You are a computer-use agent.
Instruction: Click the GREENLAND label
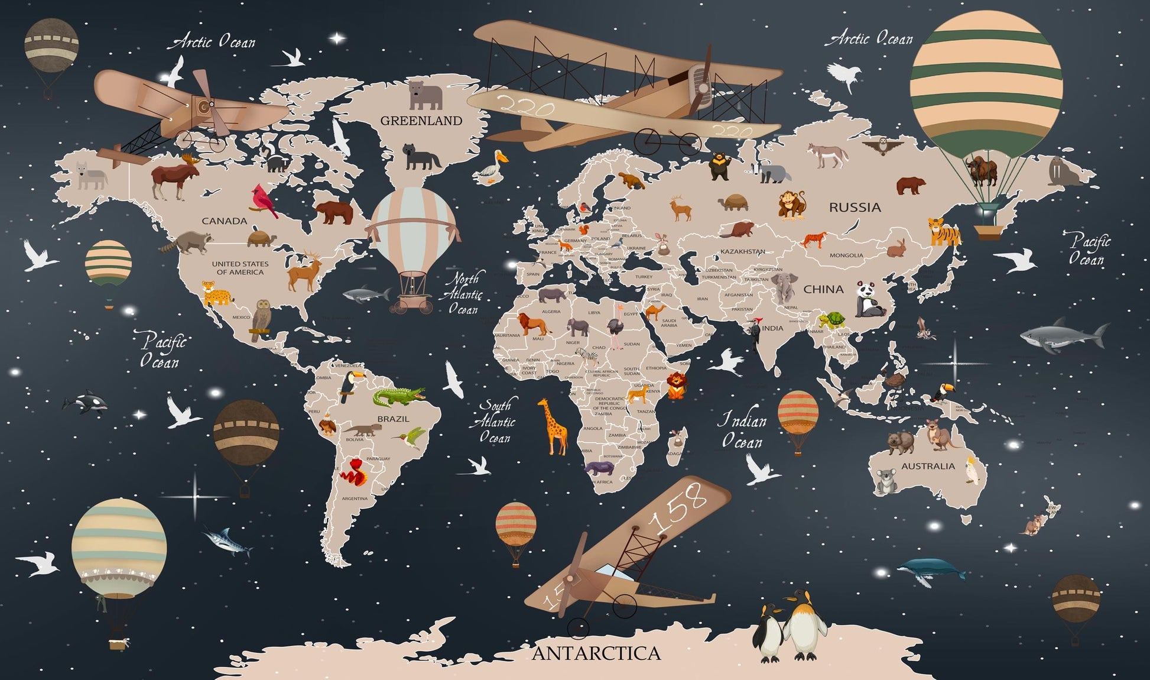pos(421,121)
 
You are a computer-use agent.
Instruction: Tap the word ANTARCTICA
pos(596,653)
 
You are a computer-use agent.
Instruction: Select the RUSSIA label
pos(855,208)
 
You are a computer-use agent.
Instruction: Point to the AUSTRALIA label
pos(928,466)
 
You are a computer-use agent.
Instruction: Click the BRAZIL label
pos(393,419)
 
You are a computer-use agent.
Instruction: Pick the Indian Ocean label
pos(742,431)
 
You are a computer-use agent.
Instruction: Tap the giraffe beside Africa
pos(553,426)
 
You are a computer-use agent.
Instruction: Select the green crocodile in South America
pos(398,396)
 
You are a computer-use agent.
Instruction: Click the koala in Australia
pos(885,481)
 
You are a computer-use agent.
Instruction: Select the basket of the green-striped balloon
pos(987,228)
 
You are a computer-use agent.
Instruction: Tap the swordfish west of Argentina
pos(228,540)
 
